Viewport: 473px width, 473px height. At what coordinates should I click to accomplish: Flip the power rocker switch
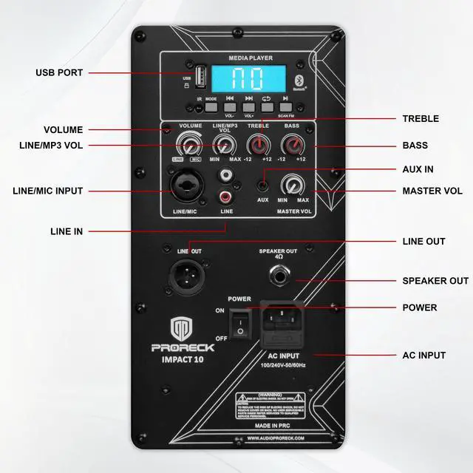[239, 324]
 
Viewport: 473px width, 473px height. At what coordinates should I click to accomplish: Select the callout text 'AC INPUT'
[423, 355]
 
